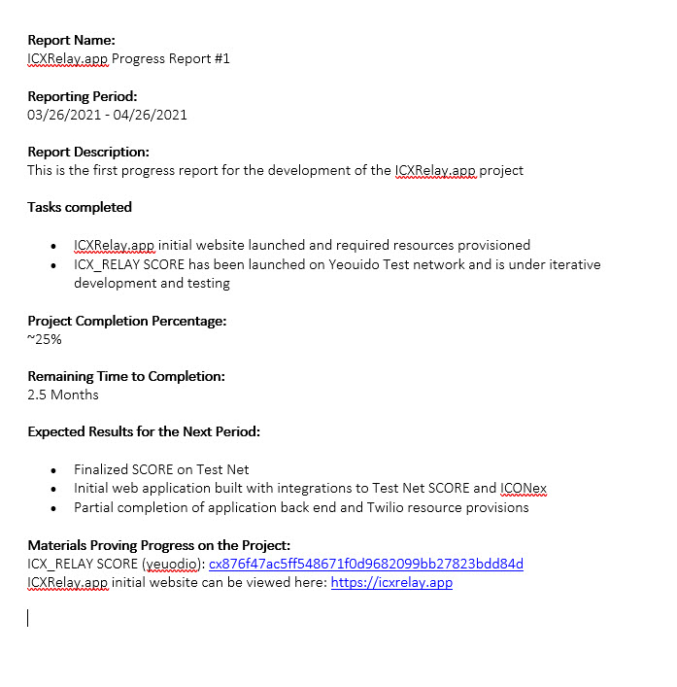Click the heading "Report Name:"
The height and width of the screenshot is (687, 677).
pos(71,40)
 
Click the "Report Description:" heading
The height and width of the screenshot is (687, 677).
pos(88,152)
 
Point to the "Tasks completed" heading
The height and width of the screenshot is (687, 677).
pos(80,207)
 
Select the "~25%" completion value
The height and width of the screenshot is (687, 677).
pos(45,339)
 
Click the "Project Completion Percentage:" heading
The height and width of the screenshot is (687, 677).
pos(127,321)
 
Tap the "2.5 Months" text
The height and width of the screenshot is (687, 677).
pos(63,395)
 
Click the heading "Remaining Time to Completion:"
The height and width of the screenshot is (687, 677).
pos(126,376)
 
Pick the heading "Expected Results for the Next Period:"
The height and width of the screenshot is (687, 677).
pos(144,431)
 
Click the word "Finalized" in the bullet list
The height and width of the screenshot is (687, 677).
pos(103,469)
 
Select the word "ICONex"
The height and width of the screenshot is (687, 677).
pos(524,488)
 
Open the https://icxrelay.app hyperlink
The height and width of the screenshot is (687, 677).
pos(391,583)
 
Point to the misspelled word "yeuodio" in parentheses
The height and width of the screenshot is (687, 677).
pos(173,565)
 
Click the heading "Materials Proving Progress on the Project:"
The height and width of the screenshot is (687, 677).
pos(159,545)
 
